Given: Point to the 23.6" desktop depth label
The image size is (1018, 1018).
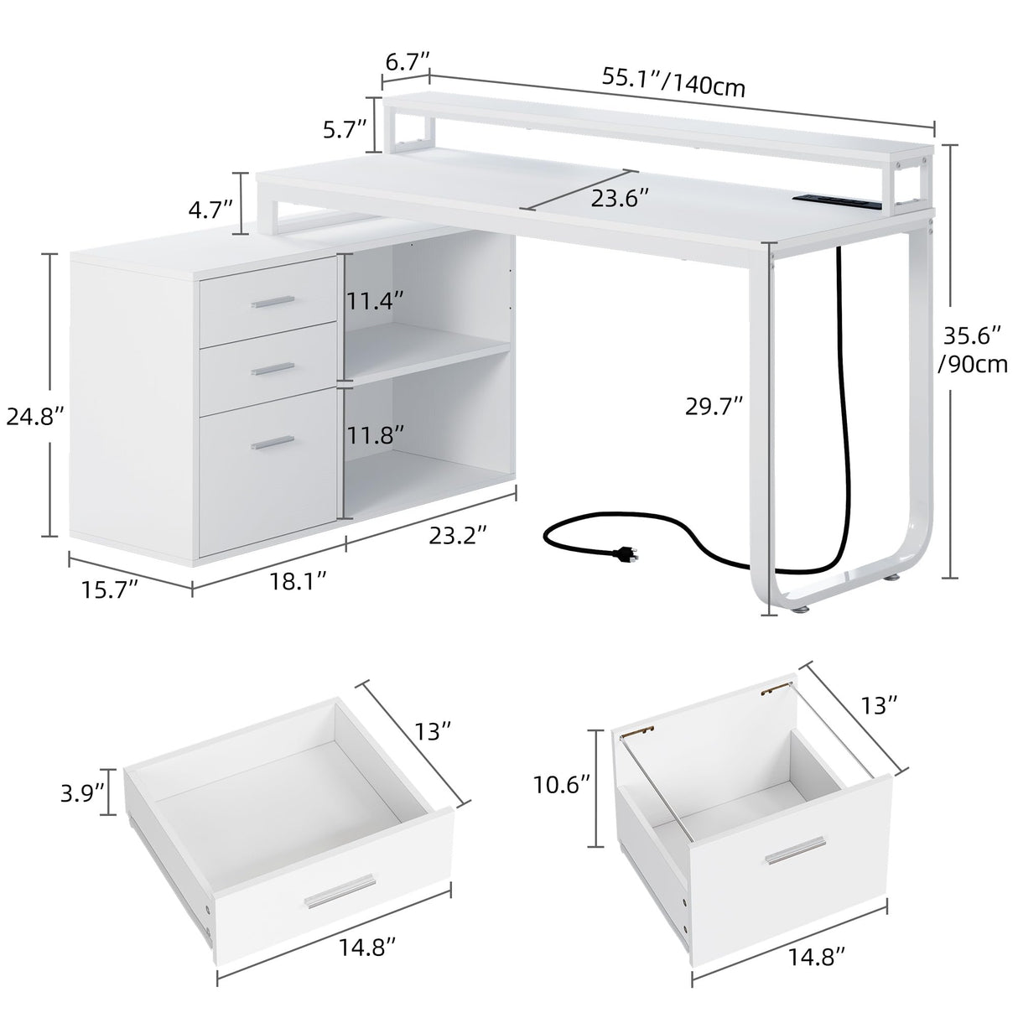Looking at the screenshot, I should [621, 200].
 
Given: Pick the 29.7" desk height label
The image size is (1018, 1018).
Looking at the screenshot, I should [713, 407].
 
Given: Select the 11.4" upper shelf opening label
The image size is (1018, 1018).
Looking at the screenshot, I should [377, 301].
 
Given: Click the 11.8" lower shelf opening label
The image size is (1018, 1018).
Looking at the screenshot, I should [377, 434].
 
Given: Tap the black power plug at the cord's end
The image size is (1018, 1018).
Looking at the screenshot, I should [622, 554].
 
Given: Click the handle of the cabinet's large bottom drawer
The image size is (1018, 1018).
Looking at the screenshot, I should [273, 442].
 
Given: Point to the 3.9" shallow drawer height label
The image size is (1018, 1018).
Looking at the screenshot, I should [82, 791].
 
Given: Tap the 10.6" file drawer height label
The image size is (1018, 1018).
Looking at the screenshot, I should [562, 786].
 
